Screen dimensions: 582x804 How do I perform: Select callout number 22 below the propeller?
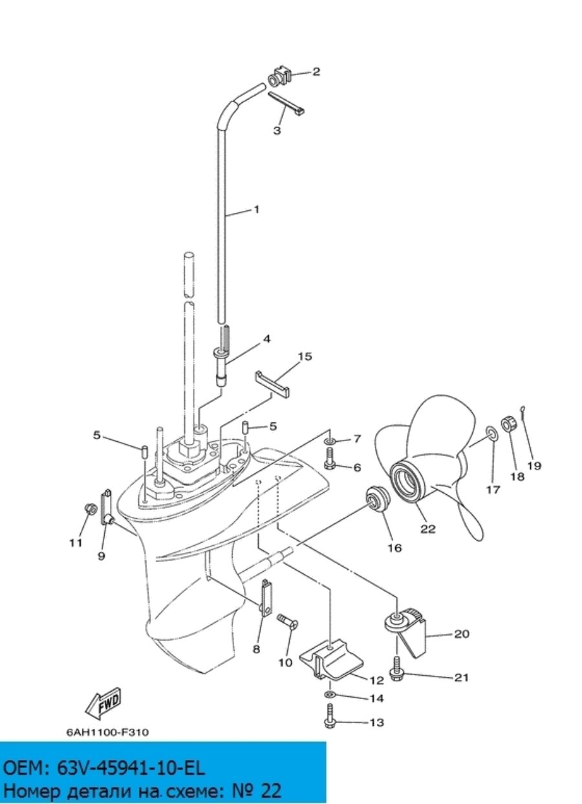pyautogui.click(x=427, y=528)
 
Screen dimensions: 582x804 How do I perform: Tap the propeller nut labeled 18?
pyautogui.click(x=509, y=424)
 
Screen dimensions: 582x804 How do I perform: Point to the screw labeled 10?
pyautogui.click(x=288, y=621)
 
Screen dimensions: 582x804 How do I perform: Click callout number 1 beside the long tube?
pyautogui.click(x=256, y=210)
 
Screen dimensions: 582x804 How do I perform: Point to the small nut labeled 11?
pyautogui.click(x=90, y=508)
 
